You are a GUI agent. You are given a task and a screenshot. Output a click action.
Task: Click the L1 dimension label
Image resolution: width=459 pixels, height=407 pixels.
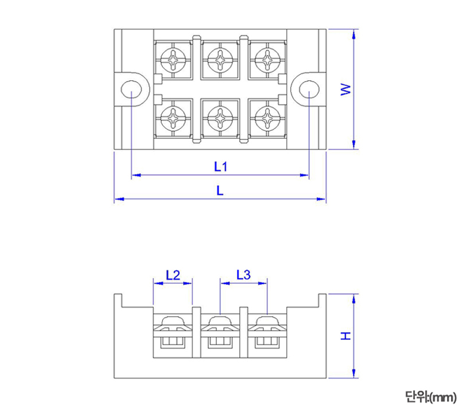221,167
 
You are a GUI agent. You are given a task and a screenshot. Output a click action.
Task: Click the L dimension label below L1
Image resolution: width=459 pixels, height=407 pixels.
220,191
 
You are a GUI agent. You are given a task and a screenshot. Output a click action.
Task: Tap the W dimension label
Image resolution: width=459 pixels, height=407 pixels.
345,89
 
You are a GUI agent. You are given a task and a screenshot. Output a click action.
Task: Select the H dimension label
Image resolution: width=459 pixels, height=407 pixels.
345,336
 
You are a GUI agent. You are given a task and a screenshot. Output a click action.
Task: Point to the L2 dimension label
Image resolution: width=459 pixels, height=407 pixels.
173,275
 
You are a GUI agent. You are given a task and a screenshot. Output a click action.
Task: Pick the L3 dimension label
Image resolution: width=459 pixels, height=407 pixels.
243,275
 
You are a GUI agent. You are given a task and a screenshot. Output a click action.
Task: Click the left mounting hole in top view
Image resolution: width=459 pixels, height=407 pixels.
131,90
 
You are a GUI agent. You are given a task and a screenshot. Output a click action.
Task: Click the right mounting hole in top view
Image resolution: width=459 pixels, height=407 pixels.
309,90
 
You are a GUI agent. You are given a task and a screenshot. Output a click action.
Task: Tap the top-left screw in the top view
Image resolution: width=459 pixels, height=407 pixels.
174,59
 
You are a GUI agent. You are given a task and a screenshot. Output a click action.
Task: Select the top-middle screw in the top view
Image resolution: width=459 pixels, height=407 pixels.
220,59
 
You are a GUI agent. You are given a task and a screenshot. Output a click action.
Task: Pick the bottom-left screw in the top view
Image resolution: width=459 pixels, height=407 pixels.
174,120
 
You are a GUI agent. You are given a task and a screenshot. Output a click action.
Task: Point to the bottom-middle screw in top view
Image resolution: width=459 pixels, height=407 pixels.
220,120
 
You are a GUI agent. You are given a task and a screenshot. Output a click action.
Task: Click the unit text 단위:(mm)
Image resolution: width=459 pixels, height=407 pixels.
430,396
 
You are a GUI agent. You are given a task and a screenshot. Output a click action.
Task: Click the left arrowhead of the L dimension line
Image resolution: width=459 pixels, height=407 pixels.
118,199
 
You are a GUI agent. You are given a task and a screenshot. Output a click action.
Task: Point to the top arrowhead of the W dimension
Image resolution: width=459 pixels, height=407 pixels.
355,32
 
